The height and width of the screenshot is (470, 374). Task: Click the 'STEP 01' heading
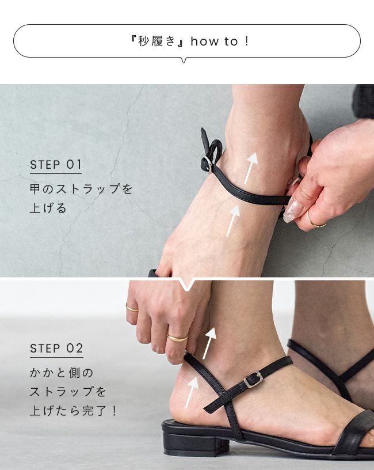pos(56,165)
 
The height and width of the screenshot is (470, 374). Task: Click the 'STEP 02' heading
pos(56,348)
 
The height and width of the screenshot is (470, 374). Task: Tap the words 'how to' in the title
pos(215,41)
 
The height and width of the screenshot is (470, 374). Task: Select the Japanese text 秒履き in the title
pos(157,41)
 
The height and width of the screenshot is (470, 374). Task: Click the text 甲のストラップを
pos(81,189)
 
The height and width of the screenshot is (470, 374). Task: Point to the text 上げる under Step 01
pos(48,208)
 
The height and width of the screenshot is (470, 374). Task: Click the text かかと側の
pos(62,373)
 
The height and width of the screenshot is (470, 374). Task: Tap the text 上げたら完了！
pos(74,410)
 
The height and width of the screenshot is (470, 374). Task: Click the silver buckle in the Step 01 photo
pos(207,164)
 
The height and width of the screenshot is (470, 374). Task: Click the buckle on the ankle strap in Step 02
pos(253,380)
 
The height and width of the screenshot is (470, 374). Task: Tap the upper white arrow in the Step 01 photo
pos(251,168)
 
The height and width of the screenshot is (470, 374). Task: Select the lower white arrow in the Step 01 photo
pos(233,221)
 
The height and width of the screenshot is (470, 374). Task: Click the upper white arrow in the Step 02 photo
pos(209,343)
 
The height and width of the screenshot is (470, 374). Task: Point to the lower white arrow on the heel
pos(192,393)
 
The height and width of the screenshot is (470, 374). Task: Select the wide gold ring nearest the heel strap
pos(177,338)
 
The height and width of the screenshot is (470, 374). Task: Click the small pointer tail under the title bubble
pos(184,60)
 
